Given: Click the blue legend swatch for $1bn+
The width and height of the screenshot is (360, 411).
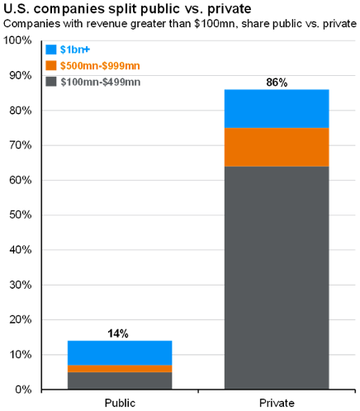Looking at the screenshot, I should click(x=51, y=50).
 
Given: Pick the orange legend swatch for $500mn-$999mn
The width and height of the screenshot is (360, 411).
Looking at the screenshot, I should click(x=51, y=64).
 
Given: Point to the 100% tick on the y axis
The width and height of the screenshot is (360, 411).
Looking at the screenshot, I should click(x=18, y=40).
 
